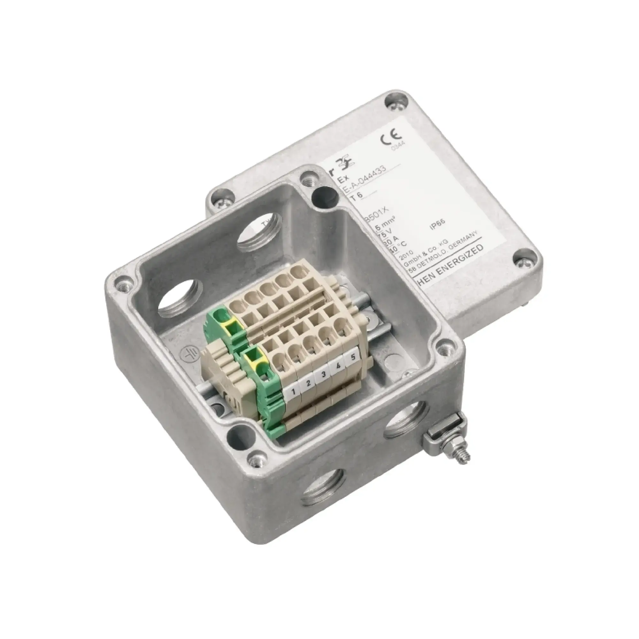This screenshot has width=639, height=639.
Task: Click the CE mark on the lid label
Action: [391, 139]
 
